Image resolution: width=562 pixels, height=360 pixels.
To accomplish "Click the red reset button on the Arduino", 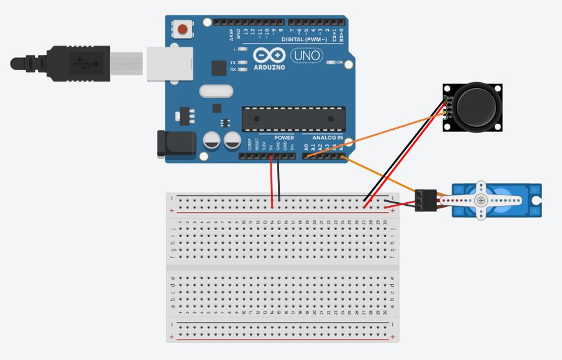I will (183, 29).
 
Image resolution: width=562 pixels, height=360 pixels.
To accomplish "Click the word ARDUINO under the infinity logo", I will (270, 67).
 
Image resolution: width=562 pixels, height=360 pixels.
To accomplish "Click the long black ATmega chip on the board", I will (293, 119).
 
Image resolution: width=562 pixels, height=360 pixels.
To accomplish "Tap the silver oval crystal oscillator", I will (215, 91).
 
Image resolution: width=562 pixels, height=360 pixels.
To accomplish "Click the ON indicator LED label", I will (339, 63).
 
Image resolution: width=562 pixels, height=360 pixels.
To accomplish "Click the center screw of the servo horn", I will (481, 200).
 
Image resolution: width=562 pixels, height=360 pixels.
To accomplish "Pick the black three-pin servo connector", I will (426, 200).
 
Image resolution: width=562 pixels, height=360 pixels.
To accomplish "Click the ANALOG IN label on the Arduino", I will (327, 137).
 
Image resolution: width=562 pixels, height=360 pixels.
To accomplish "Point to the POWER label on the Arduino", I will (284, 137).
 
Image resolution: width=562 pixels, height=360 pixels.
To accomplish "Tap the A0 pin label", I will (305, 147).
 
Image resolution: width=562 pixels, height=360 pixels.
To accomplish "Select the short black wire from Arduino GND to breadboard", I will (279, 179).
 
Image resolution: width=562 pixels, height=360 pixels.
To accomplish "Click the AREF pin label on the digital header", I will (231, 33).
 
